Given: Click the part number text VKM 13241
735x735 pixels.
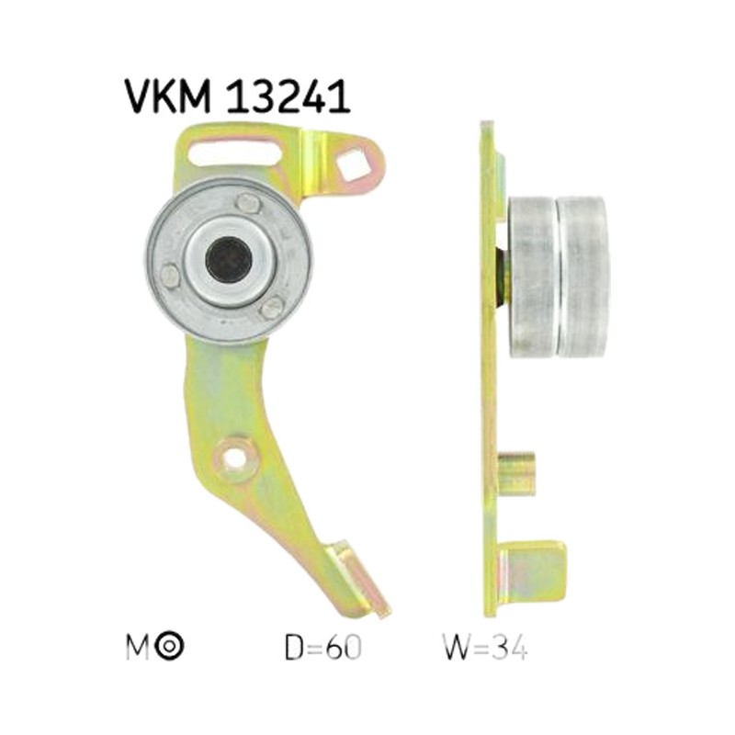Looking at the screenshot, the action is tap(237, 96).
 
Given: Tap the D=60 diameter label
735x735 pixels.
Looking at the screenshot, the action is tap(323, 648).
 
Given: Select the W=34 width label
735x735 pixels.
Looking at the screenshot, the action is tap(485, 648).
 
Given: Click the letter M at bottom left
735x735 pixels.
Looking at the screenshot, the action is tap(138, 648).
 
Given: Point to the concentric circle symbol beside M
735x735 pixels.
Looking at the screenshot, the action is tap(170, 647).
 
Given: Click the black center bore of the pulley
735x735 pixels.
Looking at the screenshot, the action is tap(229, 259).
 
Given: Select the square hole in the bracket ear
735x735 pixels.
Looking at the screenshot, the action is tap(353, 164).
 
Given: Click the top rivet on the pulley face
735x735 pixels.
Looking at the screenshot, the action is tap(248, 203).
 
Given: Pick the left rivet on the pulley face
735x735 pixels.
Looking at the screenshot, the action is tap(171, 275).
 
